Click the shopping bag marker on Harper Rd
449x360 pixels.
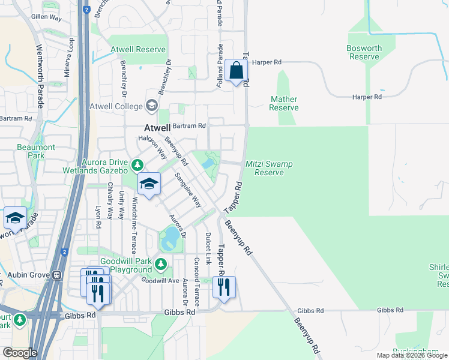237,71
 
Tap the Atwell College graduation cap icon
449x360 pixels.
151,106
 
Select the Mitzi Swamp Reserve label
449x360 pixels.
265,168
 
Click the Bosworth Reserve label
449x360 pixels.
364,52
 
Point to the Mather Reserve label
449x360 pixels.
283,103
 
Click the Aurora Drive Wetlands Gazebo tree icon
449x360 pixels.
137,164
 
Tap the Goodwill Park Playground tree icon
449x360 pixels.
160,263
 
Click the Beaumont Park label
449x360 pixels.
37,151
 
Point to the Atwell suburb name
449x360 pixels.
158,128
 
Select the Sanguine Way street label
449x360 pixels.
188,190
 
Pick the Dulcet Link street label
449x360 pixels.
208,249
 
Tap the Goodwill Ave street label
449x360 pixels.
160,280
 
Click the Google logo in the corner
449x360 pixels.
20,353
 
